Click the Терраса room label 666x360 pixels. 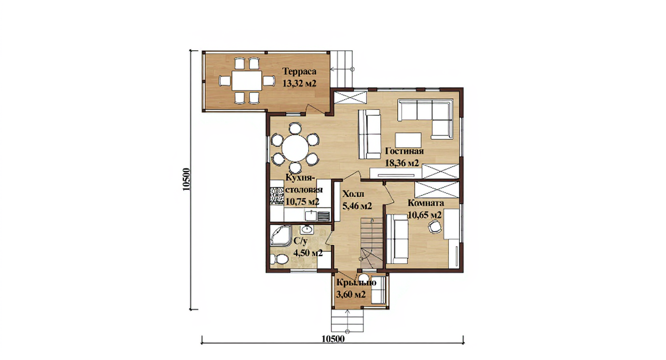pyautogui.click(x=299, y=72)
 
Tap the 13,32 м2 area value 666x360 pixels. pyautogui.click(x=299, y=84)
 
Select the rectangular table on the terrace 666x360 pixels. pyautogui.click(x=247, y=80)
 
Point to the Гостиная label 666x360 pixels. pyautogui.click(x=404, y=151)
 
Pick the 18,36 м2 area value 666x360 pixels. pyautogui.click(x=402, y=163)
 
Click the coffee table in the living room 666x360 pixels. pyautogui.click(x=408, y=140)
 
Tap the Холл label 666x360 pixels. pyautogui.click(x=353, y=194)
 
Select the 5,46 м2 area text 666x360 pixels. pyautogui.click(x=357, y=206)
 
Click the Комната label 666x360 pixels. pyautogui.click(x=426, y=203)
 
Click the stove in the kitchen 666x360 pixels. pyautogui.click(x=68, y=196)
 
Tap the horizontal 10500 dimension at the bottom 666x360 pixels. pyautogui.click(x=333, y=339)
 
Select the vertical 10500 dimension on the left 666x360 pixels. pyautogui.click(x=187, y=179)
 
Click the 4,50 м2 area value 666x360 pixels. pyautogui.click(x=308, y=253)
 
